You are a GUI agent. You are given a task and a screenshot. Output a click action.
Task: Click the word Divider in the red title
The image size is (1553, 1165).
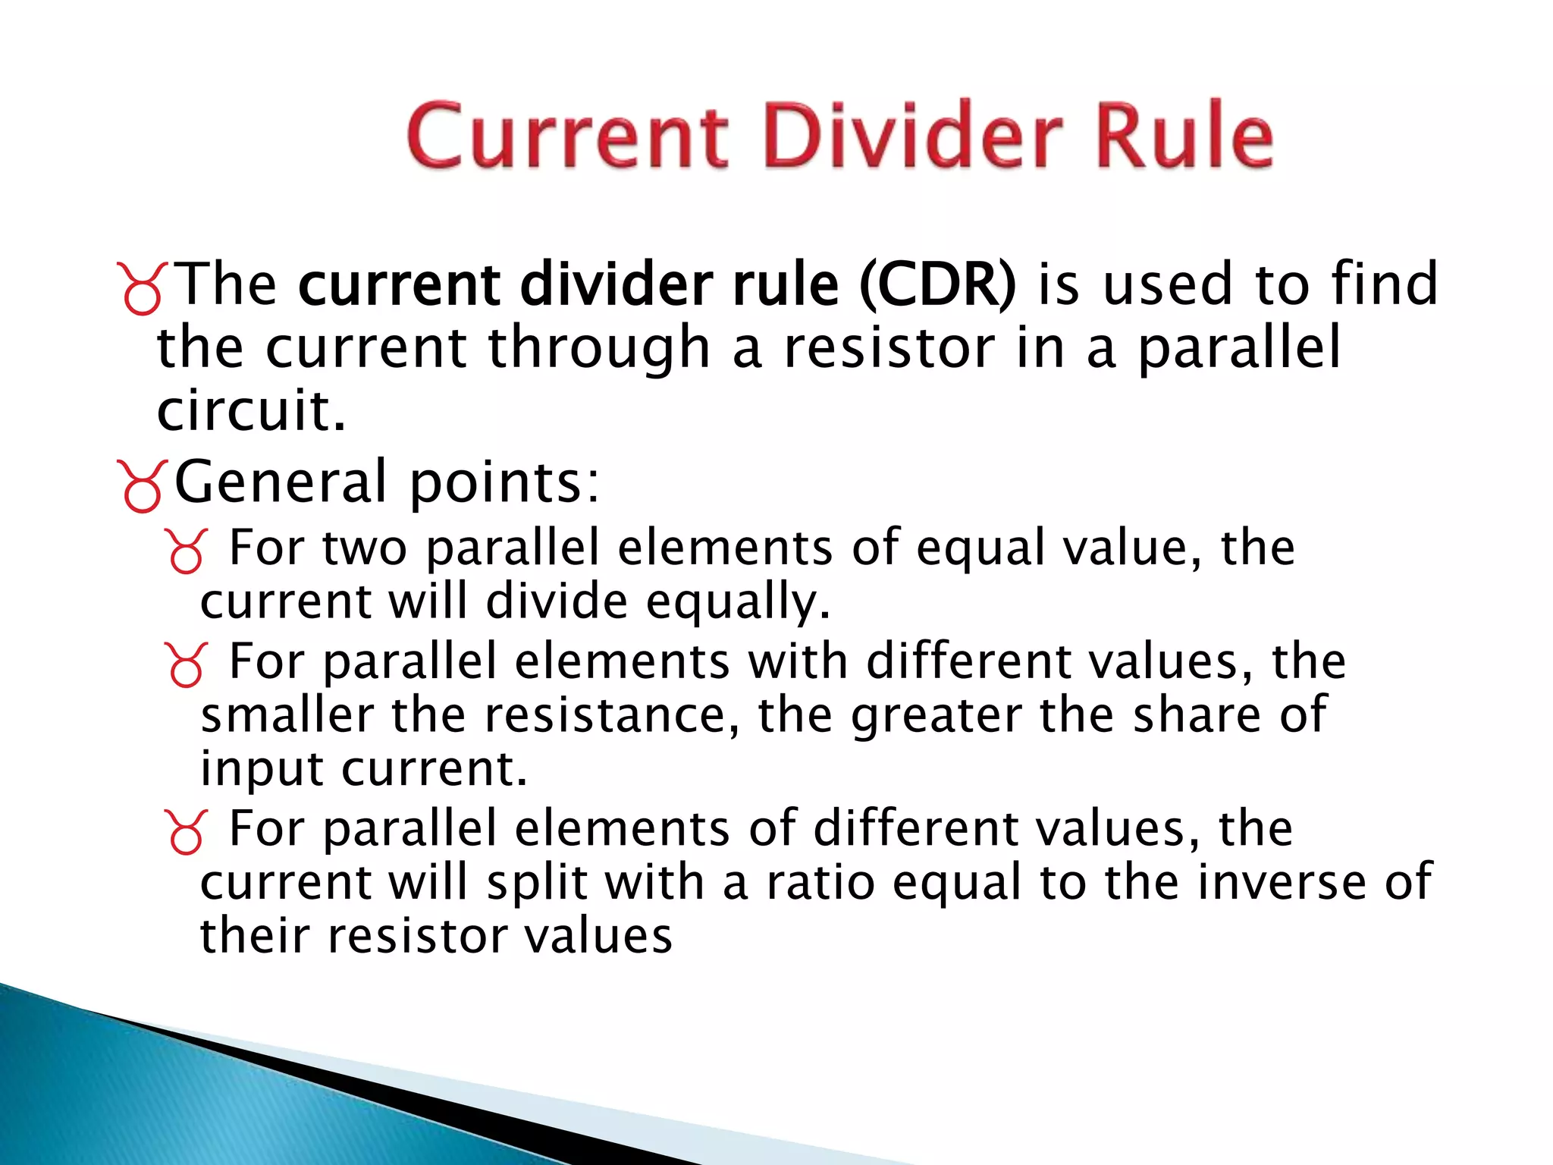(x=913, y=137)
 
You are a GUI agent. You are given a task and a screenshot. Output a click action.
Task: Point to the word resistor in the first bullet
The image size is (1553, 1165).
(x=888, y=347)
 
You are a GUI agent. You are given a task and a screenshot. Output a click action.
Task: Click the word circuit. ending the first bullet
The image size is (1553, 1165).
(x=251, y=410)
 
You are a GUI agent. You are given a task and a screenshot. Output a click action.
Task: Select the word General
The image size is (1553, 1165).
(x=281, y=482)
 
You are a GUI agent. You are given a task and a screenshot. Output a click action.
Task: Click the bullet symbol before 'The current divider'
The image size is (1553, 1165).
(x=141, y=288)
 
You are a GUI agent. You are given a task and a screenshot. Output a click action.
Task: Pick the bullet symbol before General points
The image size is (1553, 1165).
(x=141, y=486)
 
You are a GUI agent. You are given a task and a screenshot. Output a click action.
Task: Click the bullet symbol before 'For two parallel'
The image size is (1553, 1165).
(x=185, y=551)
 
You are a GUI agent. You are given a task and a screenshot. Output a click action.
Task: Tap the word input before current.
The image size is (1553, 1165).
(x=262, y=770)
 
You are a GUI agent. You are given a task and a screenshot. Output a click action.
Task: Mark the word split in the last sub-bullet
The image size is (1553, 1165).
(x=538, y=884)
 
